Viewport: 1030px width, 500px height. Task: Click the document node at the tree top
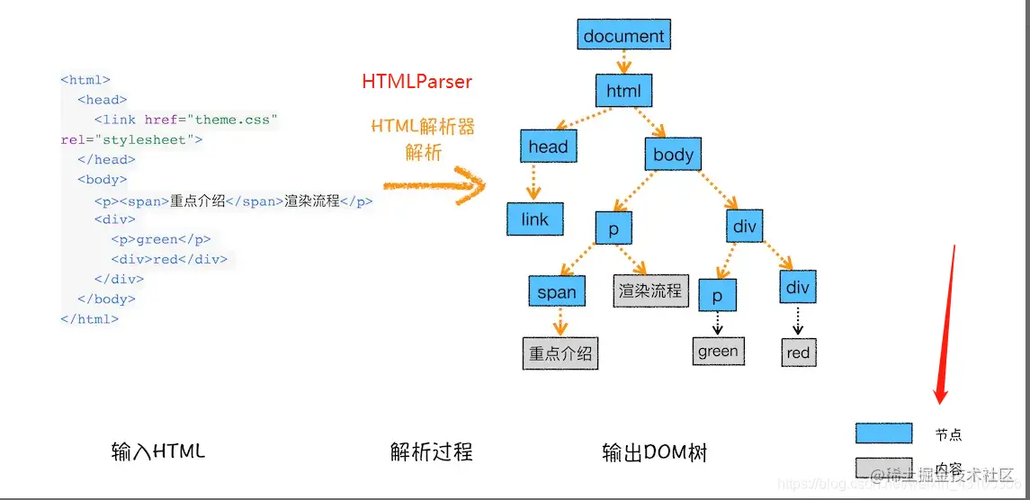coord(623,36)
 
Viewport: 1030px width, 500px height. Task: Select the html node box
coord(622,91)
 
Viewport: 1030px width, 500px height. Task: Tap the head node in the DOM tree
coord(547,147)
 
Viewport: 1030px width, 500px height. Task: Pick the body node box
coord(673,154)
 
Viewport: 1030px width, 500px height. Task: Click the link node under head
coord(534,219)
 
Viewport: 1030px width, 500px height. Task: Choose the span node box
coord(556,291)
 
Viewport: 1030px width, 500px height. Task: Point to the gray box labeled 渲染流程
coord(650,291)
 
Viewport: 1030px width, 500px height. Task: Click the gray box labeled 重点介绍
coord(560,353)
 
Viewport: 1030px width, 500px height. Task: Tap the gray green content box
coord(718,351)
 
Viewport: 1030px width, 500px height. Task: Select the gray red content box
coord(798,353)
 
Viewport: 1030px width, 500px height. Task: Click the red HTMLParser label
coord(416,81)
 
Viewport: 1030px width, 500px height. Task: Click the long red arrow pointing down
coord(945,324)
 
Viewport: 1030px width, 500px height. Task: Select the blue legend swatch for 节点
coord(883,433)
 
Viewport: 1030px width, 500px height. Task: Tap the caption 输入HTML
coord(157,451)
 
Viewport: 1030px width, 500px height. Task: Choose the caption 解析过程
coord(431,451)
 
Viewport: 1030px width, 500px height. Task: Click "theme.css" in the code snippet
coord(232,120)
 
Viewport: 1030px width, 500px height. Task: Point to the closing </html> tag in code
coord(89,318)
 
